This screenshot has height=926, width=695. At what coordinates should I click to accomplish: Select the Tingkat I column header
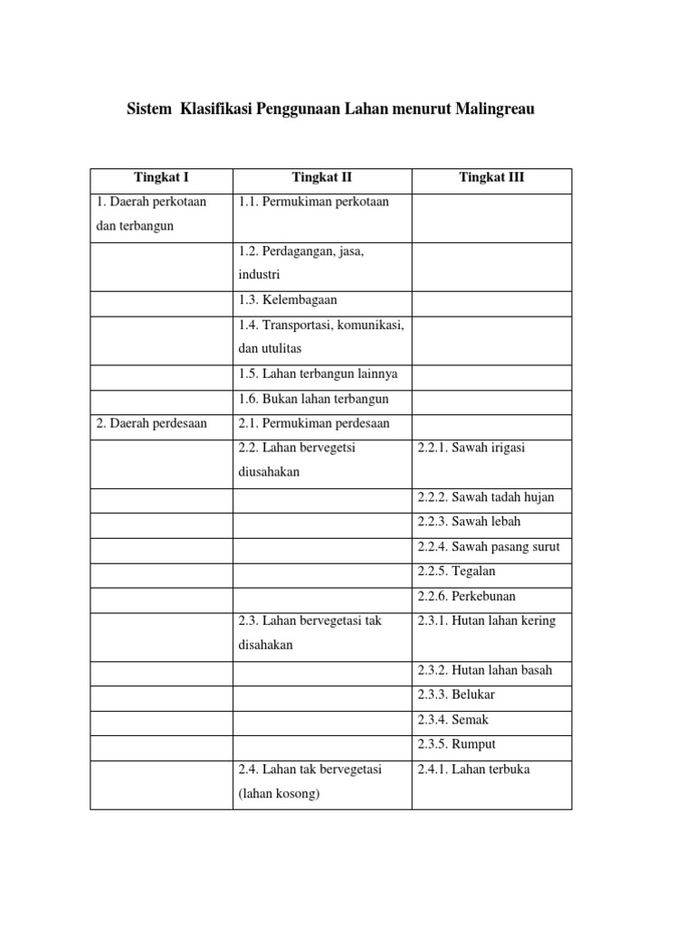pyautogui.click(x=161, y=178)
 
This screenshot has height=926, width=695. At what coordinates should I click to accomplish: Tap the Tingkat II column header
pyautogui.click(x=321, y=178)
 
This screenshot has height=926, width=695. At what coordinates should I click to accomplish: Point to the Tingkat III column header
pyautogui.click(x=491, y=178)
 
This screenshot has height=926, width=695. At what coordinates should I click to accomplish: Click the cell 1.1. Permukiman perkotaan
pyautogui.click(x=313, y=202)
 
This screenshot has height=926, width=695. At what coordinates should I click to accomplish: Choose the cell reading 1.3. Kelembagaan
pyautogui.click(x=288, y=300)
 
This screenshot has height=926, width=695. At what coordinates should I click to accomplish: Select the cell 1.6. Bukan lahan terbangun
pyautogui.click(x=314, y=399)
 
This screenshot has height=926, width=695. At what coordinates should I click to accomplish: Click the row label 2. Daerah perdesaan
pyautogui.click(x=151, y=423)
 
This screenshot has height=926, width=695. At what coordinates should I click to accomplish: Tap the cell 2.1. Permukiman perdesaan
pyautogui.click(x=314, y=423)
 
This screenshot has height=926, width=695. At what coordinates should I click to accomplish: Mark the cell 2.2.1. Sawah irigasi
pyautogui.click(x=471, y=448)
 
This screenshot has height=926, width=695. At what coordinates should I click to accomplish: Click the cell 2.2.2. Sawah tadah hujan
pyautogui.click(x=486, y=497)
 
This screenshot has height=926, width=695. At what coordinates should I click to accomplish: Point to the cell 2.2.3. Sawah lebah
pyautogui.click(x=469, y=522)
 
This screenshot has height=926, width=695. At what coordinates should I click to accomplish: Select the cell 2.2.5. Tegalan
pyautogui.click(x=456, y=572)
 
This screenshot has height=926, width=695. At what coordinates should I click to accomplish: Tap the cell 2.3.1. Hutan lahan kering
pyautogui.click(x=487, y=621)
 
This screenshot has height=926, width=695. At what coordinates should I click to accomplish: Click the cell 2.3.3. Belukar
pyautogui.click(x=456, y=695)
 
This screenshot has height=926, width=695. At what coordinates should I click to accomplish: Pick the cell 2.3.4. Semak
pyautogui.click(x=453, y=720)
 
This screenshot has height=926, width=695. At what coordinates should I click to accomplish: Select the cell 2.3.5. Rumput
pyautogui.click(x=456, y=744)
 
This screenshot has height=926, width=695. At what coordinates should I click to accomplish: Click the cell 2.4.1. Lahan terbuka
pyautogui.click(x=474, y=770)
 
